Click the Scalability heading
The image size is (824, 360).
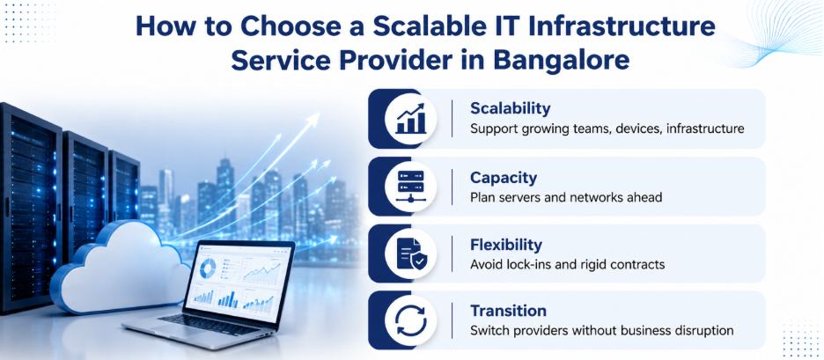[511, 108]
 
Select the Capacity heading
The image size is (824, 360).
[504, 178]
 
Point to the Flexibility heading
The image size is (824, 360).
[506, 245]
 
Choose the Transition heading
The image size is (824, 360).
[508, 310]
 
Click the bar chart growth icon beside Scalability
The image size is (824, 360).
[411, 119]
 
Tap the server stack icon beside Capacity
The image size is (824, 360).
[411, 187]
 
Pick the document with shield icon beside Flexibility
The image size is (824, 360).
[411, 253]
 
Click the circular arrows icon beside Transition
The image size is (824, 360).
[411, 320]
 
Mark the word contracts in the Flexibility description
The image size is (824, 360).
[642, 264]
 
